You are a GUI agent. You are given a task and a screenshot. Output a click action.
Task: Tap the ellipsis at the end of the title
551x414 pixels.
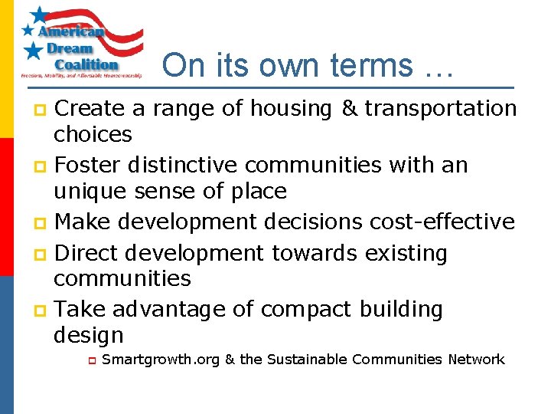[439, 71]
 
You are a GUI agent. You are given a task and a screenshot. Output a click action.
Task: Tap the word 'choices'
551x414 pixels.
[93, 135]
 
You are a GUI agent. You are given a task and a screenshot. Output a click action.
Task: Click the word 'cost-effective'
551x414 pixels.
[442, 222]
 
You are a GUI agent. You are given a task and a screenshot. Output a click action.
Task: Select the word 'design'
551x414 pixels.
[88, 335]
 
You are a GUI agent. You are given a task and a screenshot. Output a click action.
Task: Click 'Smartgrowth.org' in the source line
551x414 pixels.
[160, 360]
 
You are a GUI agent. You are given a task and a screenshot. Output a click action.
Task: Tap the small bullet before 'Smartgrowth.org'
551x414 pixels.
[90, 360]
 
